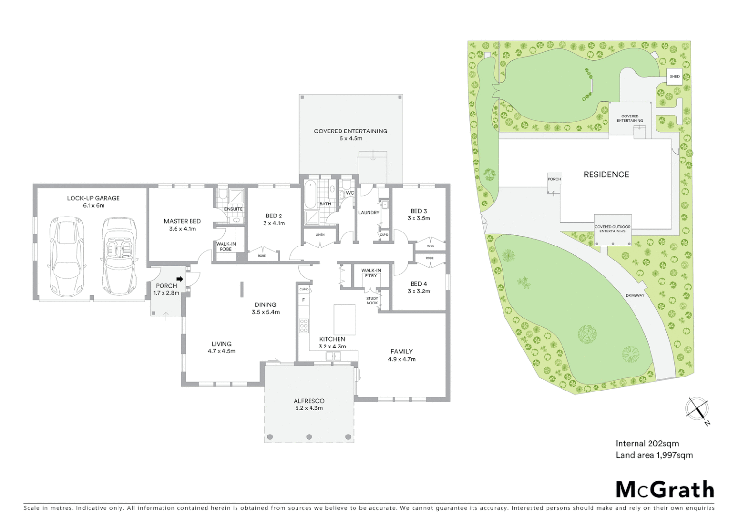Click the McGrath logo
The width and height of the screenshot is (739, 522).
click(x=665, y=490)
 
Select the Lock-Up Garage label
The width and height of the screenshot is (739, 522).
click(x=93, y=198)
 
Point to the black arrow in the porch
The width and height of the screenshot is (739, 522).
click(x=179, y=279)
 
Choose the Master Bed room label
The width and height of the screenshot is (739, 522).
click(x=182, y=221)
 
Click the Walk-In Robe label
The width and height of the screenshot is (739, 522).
click(x=225, y=246)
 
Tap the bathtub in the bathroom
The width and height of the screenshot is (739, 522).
click(x=310, y=194)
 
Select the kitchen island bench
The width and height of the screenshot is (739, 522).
click(x=344, y=319)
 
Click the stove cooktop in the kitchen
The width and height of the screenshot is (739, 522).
click(x=304, y=326)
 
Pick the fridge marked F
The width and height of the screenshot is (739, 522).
click(x=303, y=300)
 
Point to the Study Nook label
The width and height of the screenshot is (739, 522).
click(x=372, y=300)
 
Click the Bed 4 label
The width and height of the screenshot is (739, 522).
click(x=418, y=284)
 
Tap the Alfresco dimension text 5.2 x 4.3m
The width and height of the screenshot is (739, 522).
click(x=309, y=408)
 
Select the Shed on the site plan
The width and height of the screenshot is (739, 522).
click(x=674, y=77)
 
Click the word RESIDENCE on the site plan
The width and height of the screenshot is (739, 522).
click(x=606, y=174)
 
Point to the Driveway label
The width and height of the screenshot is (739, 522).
click(x=635, y=295)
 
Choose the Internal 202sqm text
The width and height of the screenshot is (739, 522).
click(x=647, y=443)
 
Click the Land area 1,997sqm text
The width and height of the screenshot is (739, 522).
click(x=654, y=455)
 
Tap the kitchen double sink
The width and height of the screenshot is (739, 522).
click(x=334, y=356)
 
